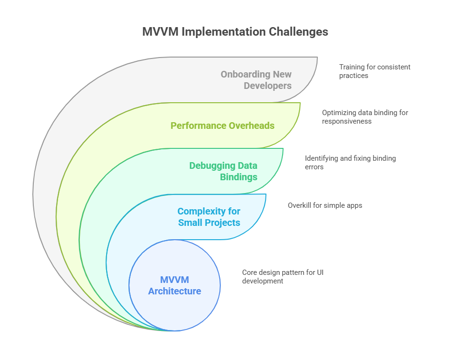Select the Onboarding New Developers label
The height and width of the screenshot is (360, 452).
coord(256,80)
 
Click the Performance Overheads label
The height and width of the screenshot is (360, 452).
coord(222,126)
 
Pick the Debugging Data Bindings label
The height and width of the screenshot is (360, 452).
coord(223,171)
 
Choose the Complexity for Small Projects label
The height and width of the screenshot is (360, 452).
coord(209,217)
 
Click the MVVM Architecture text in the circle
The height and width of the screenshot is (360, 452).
coord(175,285)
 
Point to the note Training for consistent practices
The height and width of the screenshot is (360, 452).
coord(374,71)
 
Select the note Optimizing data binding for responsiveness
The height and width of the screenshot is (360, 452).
coord(365,117)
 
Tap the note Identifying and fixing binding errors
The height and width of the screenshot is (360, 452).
coord(350,163)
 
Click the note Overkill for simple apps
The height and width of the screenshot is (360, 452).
coord(325,205)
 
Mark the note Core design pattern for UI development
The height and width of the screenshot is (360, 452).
coord(283,277)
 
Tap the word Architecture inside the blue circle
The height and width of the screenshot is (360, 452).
coord(175,291)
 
